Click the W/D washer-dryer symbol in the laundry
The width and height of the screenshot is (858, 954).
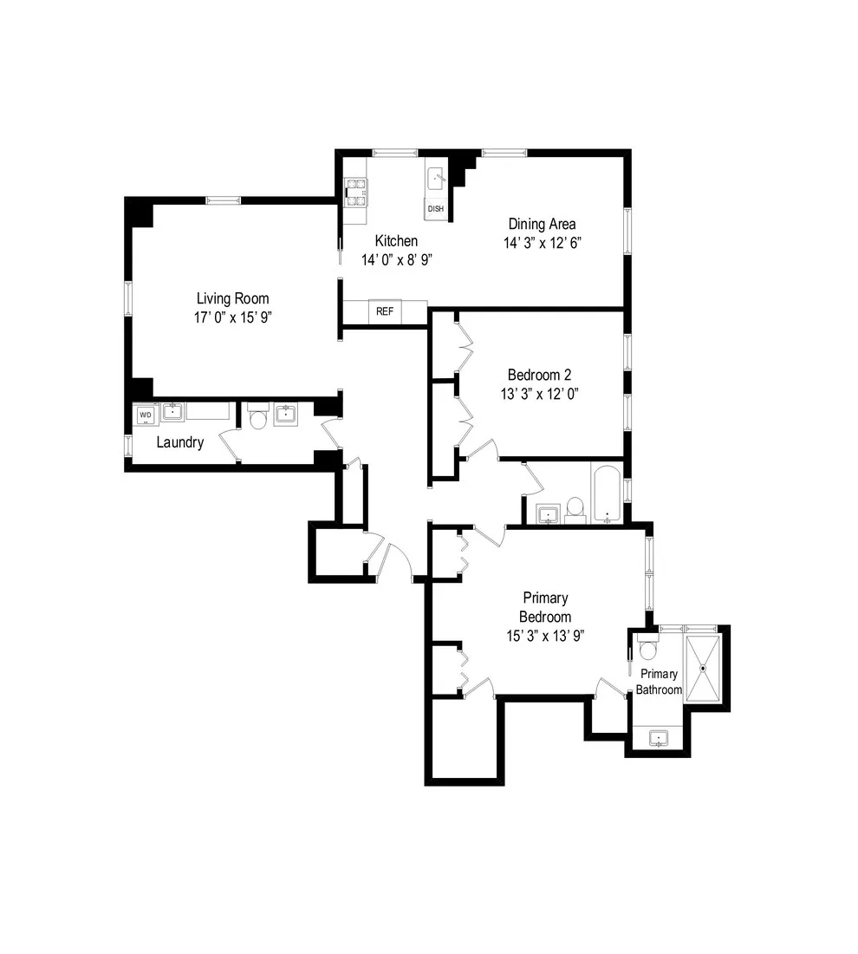[x=145, y=415]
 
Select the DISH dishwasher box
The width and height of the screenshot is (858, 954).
[x=435, y=209]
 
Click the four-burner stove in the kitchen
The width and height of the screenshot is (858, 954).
[x=356, y=192]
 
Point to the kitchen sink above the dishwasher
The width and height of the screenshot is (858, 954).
[x=436, y=178]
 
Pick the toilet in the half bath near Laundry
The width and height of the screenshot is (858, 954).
[x=258, y=417]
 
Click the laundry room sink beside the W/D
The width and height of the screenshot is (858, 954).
[x=172, y=411]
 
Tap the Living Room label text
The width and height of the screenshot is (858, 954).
[x=232, y=298]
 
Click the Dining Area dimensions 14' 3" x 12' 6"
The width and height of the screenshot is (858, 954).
[x=542, y=243]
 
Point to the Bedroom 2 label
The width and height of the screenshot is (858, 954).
[x=539, y=375]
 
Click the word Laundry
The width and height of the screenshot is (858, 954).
[x=180, y=442]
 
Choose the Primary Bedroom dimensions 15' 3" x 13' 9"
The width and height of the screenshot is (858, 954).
[x=545, y=635]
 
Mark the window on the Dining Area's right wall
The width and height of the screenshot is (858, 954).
[x=627, y=231]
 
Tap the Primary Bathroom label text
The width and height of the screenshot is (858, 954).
[x=659, y=682]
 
